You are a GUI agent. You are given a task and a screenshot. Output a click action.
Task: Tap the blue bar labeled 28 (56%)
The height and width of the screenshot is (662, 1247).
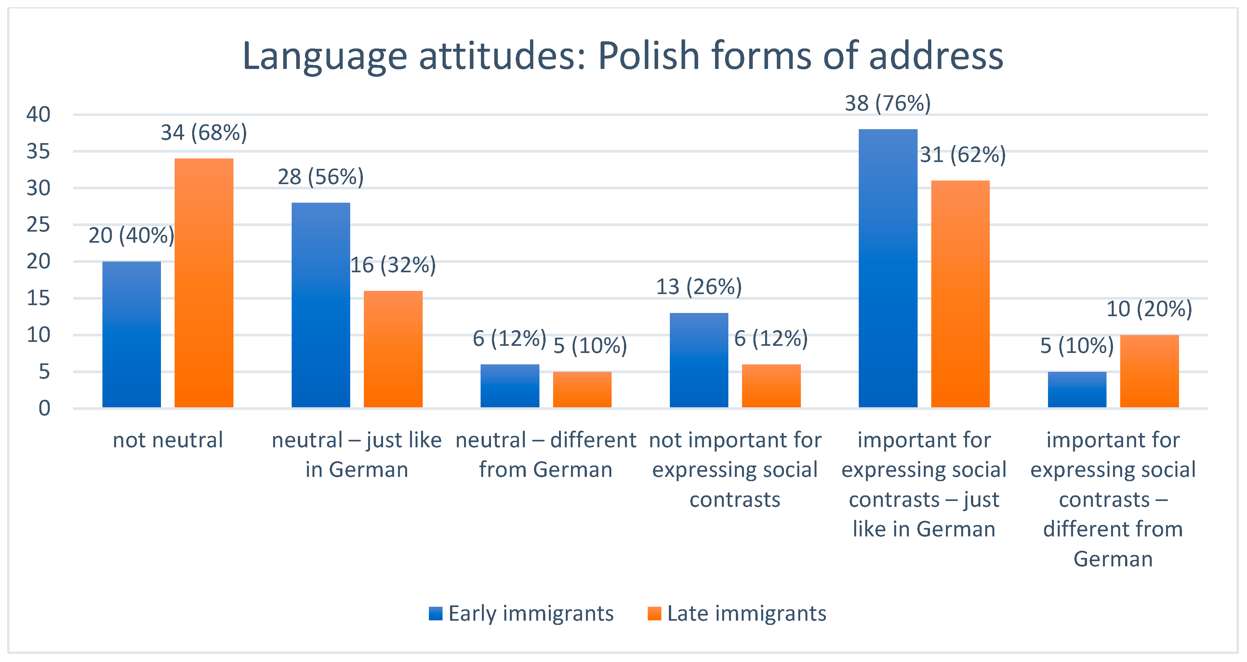click(x=321, y=305)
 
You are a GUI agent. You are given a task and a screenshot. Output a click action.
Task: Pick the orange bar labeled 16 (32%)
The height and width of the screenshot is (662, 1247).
click(x=393, y=349)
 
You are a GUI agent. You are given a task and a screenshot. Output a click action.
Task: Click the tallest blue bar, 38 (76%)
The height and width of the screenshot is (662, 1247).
click(x=888, y=268)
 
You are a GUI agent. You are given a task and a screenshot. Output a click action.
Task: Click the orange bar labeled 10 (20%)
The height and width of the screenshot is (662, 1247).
click(x=1149, y=371)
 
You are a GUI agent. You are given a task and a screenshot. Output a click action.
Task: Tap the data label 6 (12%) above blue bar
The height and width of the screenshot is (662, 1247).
click(x=509, y=339)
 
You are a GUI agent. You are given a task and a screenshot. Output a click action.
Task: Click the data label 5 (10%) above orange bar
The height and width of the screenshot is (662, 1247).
click(x=590, y=346)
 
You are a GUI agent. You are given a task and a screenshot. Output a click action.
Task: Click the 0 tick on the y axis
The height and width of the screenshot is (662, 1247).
click(x=44, y=408)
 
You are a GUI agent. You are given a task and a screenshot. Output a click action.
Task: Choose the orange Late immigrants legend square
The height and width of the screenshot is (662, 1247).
click(x=654, y=614)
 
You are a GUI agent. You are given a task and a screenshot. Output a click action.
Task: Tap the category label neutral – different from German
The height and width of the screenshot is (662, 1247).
click(x=546, y=455)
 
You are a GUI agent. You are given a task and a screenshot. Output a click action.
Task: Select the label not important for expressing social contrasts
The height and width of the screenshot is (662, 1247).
click(x=735, y=470)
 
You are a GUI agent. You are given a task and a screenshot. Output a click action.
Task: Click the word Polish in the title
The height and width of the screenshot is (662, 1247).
click(x=649, y=57)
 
